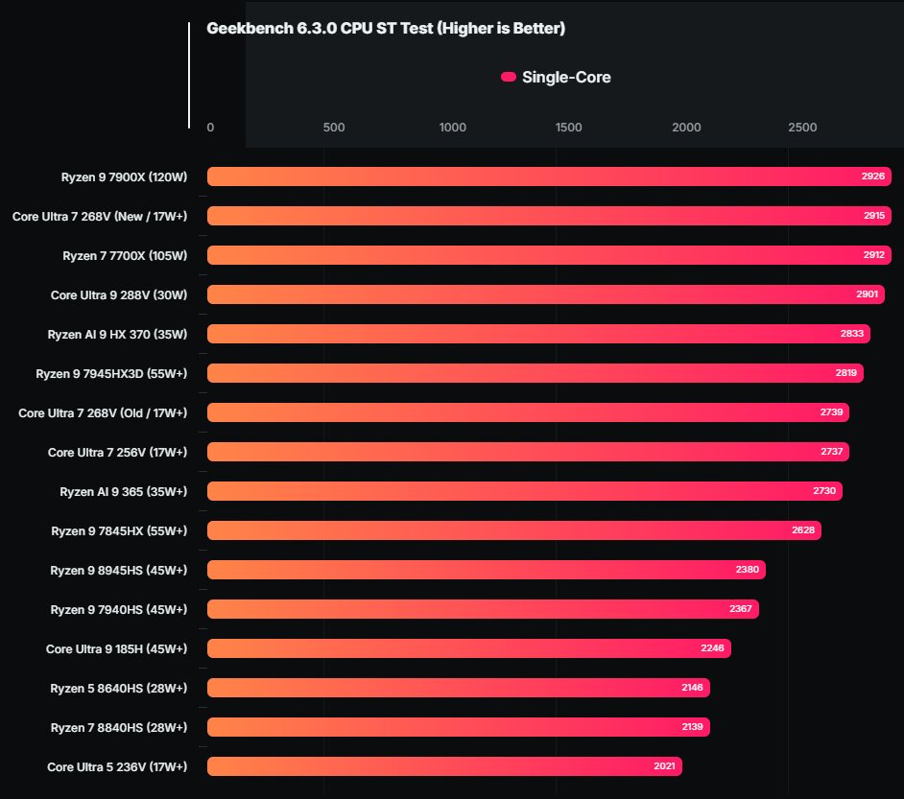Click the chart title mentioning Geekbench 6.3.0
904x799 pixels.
tap(386, 28)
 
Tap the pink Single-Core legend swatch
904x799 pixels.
tap(508, 77)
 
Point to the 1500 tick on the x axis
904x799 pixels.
tap(568, 128)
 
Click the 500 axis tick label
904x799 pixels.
tap(334, 128)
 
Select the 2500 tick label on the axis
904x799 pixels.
tap(802, 128)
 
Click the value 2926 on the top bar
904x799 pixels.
tap(873, 176)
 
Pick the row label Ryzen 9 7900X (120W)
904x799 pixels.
tap(124, 176)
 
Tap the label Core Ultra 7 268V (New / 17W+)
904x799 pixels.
tap(100, 217)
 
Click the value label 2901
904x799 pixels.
tap(867, 294)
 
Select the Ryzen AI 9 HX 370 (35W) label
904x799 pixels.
tap(117, 335)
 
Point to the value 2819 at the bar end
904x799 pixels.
tap(845, 373)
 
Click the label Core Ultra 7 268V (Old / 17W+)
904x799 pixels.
tap(103, 413)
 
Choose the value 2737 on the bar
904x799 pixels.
tap(831, 452)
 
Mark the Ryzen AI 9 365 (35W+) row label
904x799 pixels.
tap(124, 492)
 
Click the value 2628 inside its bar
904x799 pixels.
tap(803, 530)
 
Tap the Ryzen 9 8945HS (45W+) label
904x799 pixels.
tap(119, 571)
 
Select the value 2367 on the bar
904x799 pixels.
tap(740, 609)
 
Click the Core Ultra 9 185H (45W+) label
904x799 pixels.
tap(116, 649)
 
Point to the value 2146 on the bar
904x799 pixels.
tap(692, 687)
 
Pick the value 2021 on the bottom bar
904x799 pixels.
tap(664, 766)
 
